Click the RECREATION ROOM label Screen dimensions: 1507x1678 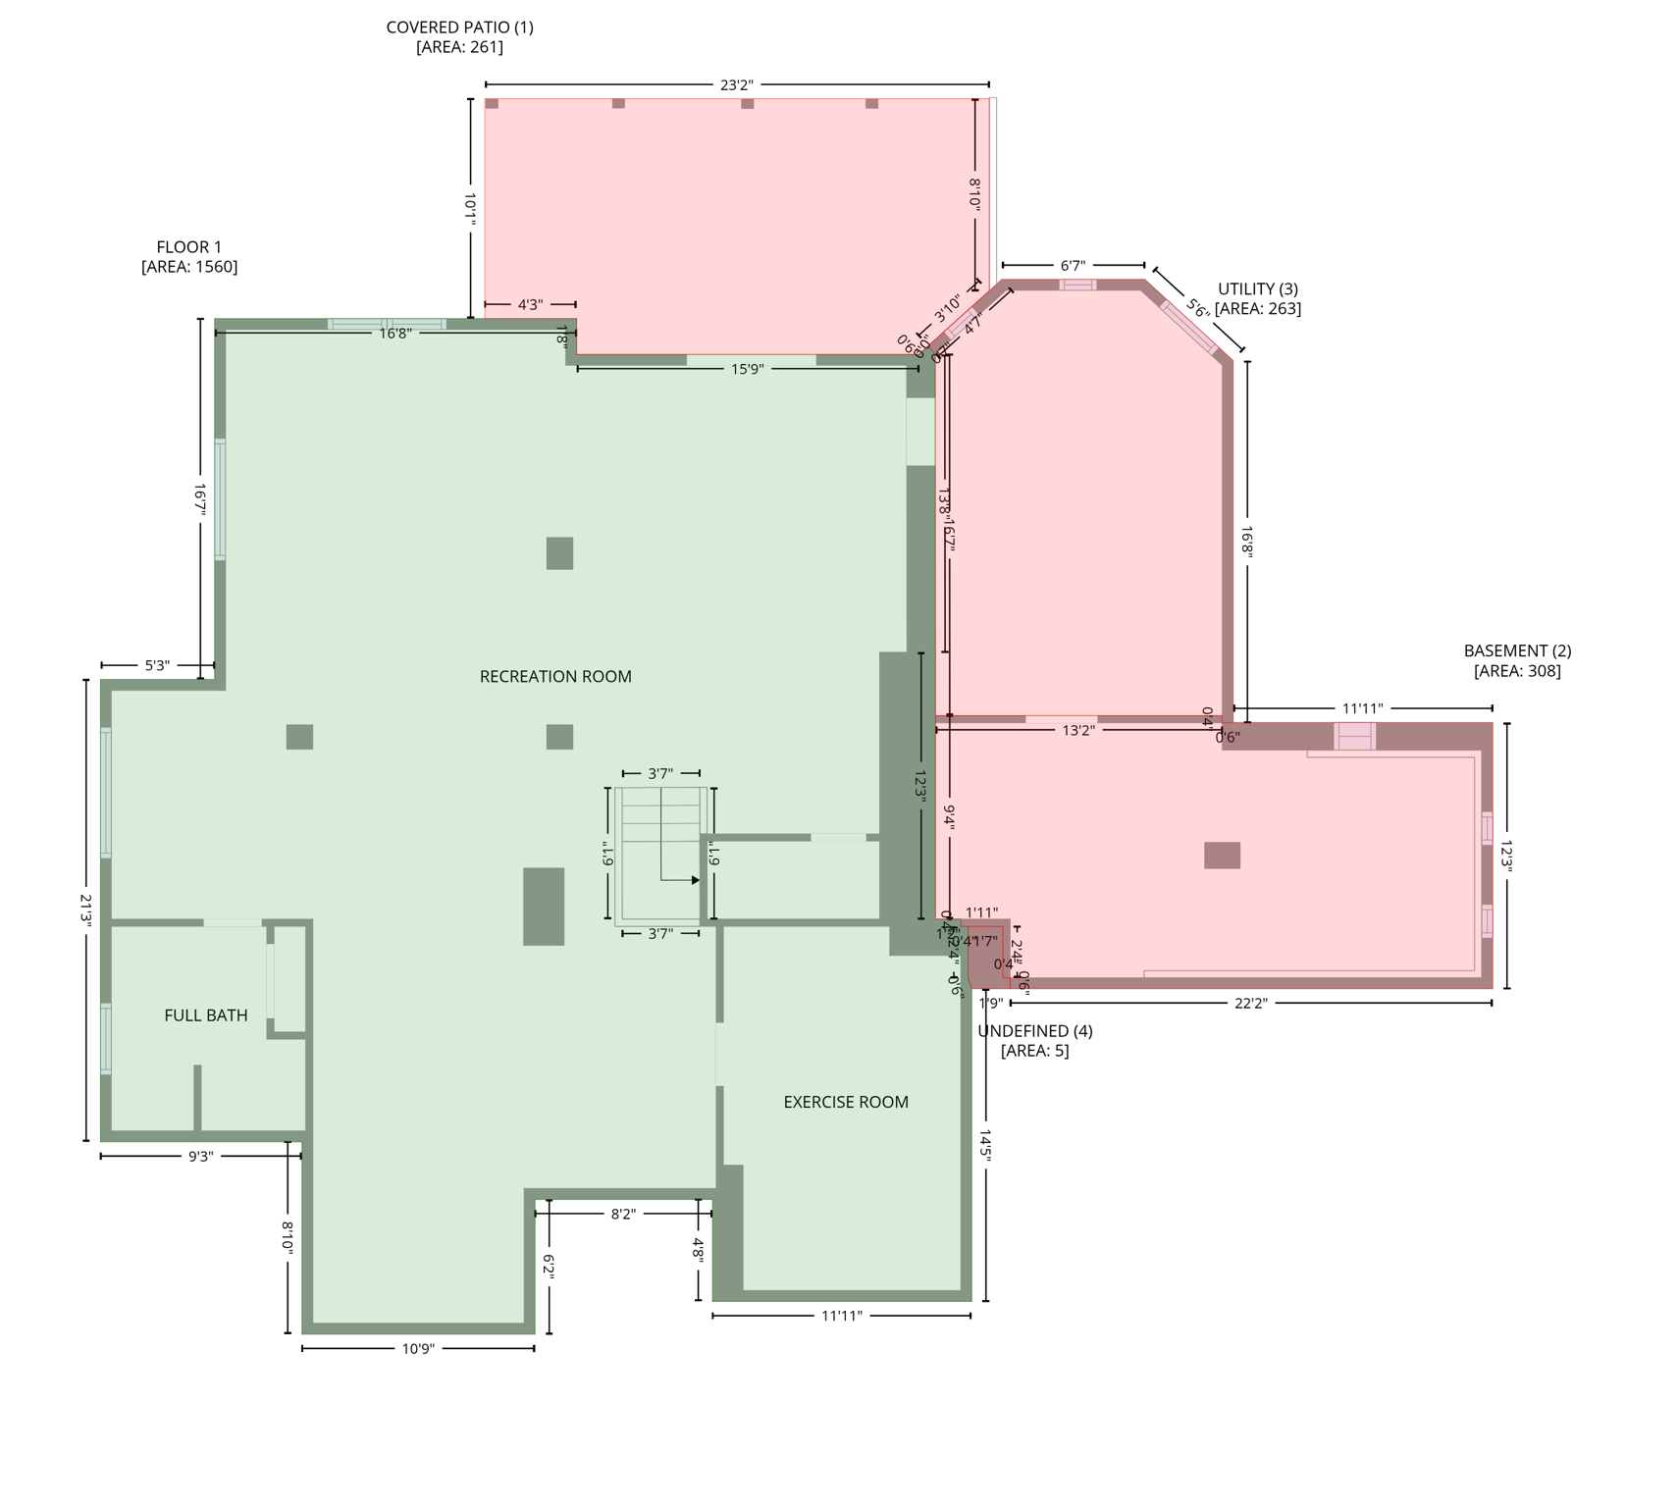pyautogui.click(x=555, y=677)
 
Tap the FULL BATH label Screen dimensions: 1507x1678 pyautogui.click(x=206, y=1015)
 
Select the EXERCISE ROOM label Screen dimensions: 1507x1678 pyautogui.click(x=846, y=1103)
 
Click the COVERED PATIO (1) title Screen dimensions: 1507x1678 pyautogui.click(x=459, y=27)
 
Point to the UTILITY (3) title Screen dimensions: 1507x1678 pyautogui.click(x=1258, y=289)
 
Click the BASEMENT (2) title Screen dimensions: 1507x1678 pyautogui.click(x=1517, y=651)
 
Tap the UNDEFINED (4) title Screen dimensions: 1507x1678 pyautogui.click(x=1035, y=1031)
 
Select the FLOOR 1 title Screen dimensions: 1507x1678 pyautogui.click(x=189, y=247)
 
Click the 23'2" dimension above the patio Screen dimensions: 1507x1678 pyautogui.click(x=737, y=85)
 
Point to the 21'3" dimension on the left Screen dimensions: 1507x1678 pyautogui.click(x=86, y=909)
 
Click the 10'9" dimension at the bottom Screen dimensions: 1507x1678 pyautogui.click(x=418, y=1349)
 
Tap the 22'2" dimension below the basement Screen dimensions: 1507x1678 pyautogui.click(x=1251, y=1004)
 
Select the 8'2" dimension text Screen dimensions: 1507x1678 pyautogui.click(x=623, y=1215)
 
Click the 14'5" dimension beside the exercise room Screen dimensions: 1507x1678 pyautogui.click(x=985, y=1146)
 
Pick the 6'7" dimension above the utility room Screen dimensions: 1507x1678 pyautogui.click(x=1074, y=266)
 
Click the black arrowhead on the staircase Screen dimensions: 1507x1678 pyautogui.click(x=696, y=880)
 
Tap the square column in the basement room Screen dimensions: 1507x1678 pyautogui.click(x=1222, y=856)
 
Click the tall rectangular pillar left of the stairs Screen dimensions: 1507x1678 pyautogui.click(x=544, y=907)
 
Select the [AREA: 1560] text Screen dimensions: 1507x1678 pyautogui.click(x=189, y=267)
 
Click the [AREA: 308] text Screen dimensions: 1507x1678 pyautogui.click(x=1517, y=671)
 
